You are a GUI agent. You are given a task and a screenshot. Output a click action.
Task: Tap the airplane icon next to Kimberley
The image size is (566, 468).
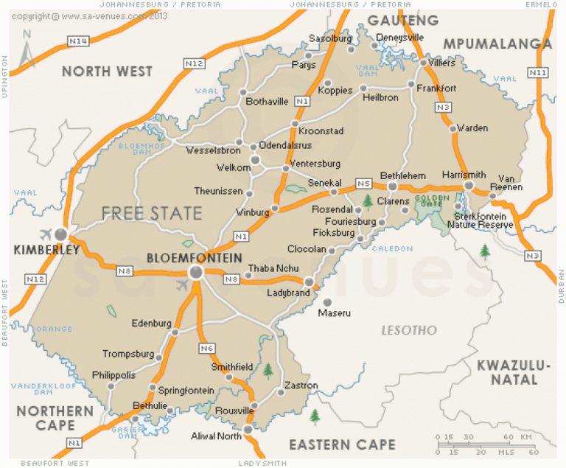coord(43,234)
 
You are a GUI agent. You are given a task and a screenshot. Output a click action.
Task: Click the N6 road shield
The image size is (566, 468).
coord(206,348)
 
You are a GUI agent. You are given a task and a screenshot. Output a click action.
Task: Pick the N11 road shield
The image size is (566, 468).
coord(539,72)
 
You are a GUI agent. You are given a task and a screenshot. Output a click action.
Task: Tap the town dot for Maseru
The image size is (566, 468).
coord(328,301)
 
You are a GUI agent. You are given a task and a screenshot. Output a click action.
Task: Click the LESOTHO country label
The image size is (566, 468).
coord(408,330)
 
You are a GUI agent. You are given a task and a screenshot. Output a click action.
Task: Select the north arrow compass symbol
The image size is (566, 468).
coord(27,49)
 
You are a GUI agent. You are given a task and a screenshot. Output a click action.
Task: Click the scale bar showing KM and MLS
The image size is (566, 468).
coord(486,444)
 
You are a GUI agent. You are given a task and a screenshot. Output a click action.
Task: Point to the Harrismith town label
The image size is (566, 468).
coord(464,175)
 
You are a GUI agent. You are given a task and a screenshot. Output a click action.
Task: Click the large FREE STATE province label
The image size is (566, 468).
coord(151,214)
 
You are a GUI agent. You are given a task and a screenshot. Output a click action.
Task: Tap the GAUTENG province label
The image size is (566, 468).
coord(402,19)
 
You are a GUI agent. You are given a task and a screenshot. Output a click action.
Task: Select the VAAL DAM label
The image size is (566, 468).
coord(368,69)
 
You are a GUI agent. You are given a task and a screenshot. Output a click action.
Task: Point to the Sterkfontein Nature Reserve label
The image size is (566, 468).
coord(483,220)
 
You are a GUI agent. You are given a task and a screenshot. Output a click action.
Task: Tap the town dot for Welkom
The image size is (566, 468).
coord(255,159)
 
